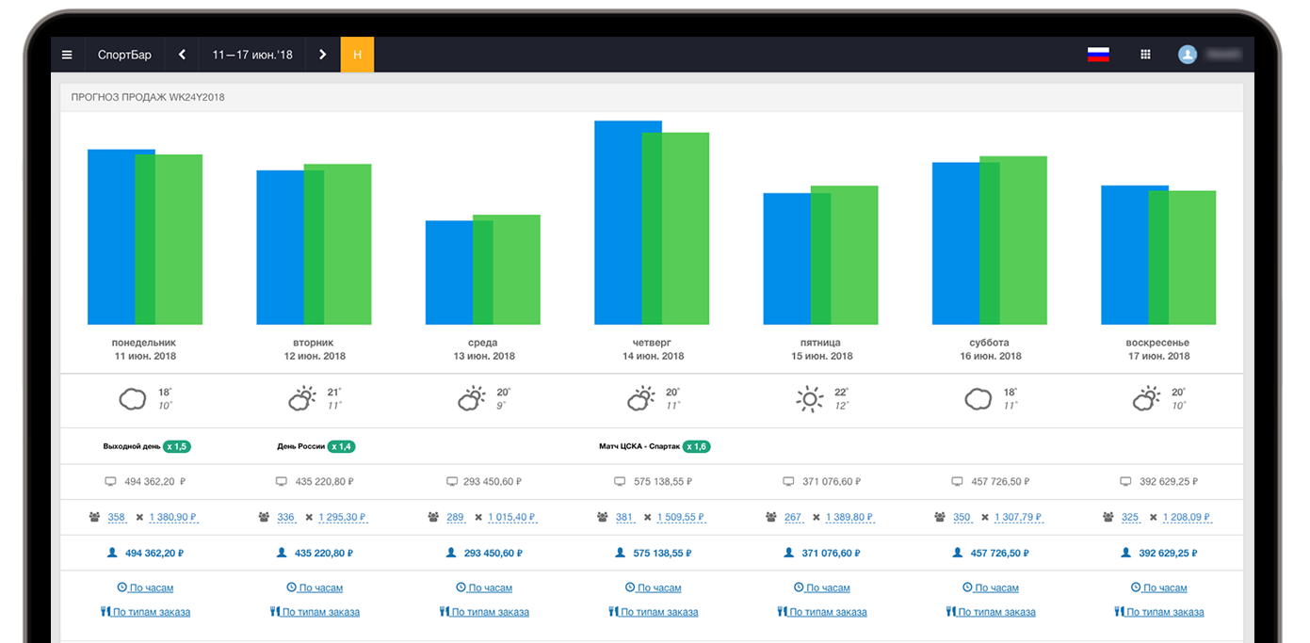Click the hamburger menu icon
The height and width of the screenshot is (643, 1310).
pyautogui.click(x=67, y=55)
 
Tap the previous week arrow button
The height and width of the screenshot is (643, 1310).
pyautogui.click(x=182, y=55)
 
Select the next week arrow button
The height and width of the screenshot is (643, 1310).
pyautogui.click(x=322, y=55)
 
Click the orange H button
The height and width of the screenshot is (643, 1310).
pyautogui.click(x=357, y=55)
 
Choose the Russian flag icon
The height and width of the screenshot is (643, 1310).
pyautogui.click(x=1098, y=55)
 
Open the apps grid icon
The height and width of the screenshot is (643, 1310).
pyautogui.click(x=1145, y=55)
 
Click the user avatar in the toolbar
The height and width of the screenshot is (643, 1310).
pyautogui.click(x=1188, y=55)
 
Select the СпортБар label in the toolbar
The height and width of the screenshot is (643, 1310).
pyautogui.click(x=124, y=55)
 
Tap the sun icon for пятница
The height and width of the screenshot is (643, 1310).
pyautogui.click(x=808, y=399)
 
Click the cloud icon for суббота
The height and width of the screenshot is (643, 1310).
pyautogui.click(x=978, y=399)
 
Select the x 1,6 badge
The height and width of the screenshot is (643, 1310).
pyautogui.click(x=697, y=446)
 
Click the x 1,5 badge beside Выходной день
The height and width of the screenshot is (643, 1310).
pyautogui.click(x=177, y=446)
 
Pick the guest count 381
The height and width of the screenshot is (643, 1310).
pyautogui.click(x=624, y=517)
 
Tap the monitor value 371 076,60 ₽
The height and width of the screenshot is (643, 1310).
pyautogui.click(x=832, y=481)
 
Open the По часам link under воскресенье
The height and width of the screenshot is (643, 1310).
pyautogui.click(x=1164, y=587)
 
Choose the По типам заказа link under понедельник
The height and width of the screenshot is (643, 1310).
pyautogui.click(x=151, y=612)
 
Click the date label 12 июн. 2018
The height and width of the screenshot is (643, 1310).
pyautogui.click(x=315, y=356)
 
